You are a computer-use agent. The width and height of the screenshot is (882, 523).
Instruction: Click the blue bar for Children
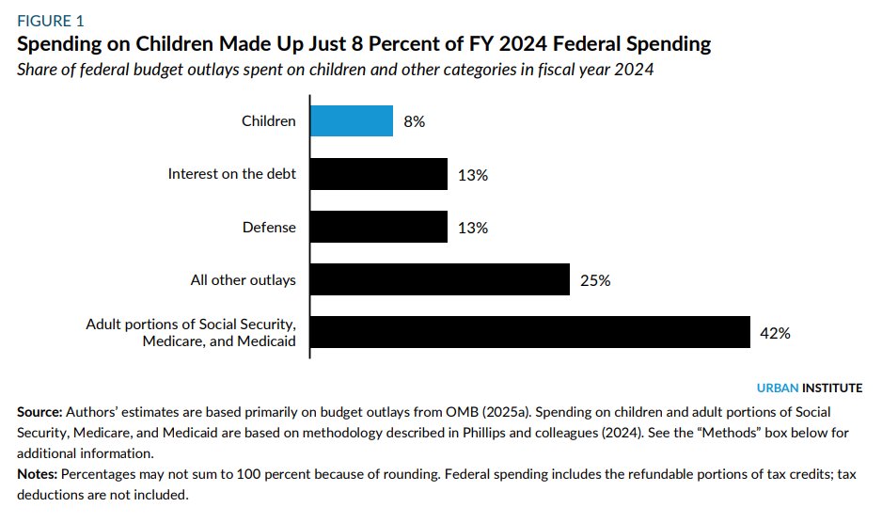click(x=352, y=120)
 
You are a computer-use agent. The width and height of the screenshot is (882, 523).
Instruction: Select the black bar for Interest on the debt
click(x=379, y=174)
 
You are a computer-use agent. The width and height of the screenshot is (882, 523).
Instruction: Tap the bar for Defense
click(x=379, y=227)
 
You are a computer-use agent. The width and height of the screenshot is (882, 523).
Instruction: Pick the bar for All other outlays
click(x=440, y=279)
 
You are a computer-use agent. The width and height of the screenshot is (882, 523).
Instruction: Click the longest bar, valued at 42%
click(x=530, y=332)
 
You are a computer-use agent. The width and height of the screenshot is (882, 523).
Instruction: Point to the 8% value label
click(x=414, y=121)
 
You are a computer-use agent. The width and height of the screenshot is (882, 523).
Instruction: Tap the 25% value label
click(x=594, y=280)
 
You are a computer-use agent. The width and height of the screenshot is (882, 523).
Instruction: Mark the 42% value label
click(x=775, y=333)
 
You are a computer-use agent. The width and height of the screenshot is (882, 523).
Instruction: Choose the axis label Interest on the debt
click(x=231, y=174)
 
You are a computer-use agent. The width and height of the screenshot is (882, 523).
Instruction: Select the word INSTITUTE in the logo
click(x=832, y=388)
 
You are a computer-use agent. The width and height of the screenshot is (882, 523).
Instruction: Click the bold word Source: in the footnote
click(x=39, y=413)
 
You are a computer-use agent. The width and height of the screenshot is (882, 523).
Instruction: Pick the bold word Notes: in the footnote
click(x=36, y=474)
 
